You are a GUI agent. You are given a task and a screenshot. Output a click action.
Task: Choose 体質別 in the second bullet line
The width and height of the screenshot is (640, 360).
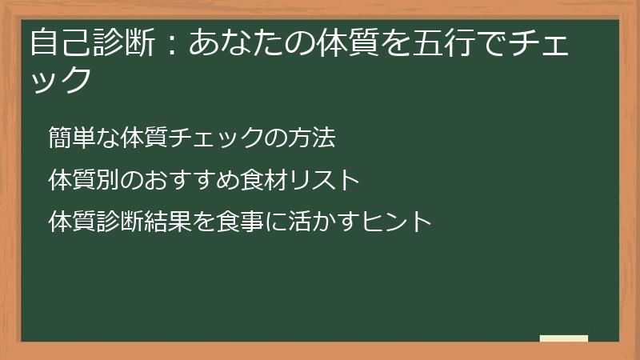[x=84, y=179]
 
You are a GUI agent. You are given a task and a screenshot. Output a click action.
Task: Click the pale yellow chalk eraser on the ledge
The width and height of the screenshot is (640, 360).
[x=564, y=338]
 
